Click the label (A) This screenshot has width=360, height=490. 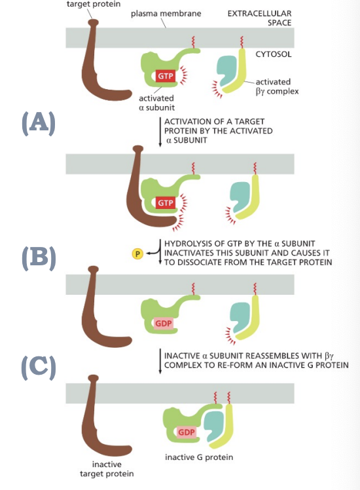click(38, 122)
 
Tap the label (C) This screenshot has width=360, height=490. click(38, 366)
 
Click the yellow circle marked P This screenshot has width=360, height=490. click(137, 254)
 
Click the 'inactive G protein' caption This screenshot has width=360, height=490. click(200, 457)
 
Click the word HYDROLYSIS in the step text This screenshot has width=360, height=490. click(190, 244)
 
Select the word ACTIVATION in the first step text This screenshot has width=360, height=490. click(188, 122)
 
